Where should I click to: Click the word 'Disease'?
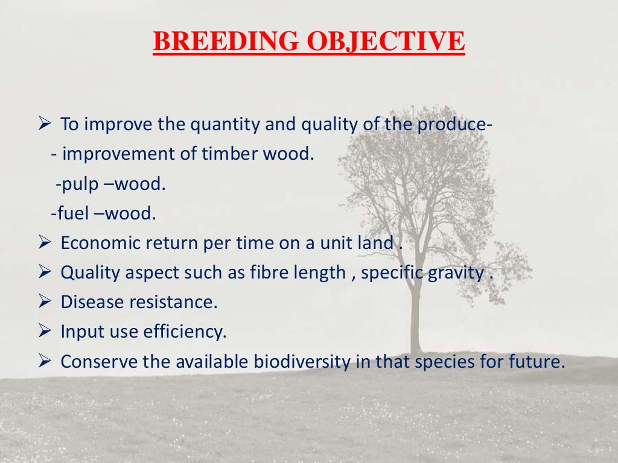coord(91,303)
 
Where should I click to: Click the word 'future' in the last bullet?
coord(540,362)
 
